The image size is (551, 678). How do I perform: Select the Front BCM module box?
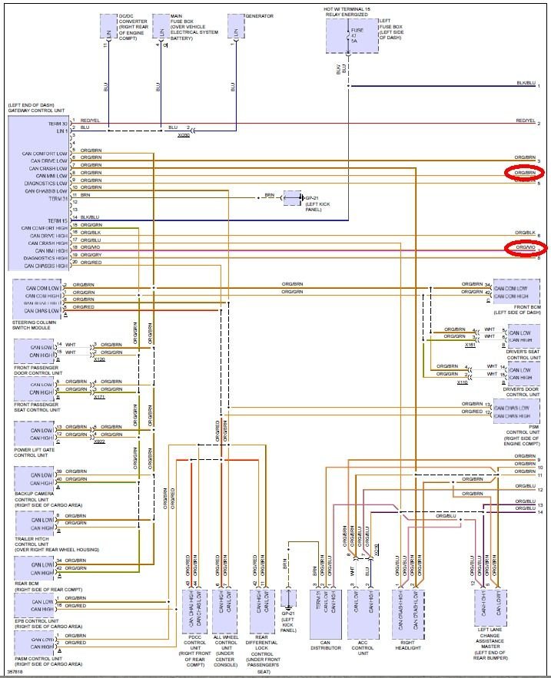pos(516,292)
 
